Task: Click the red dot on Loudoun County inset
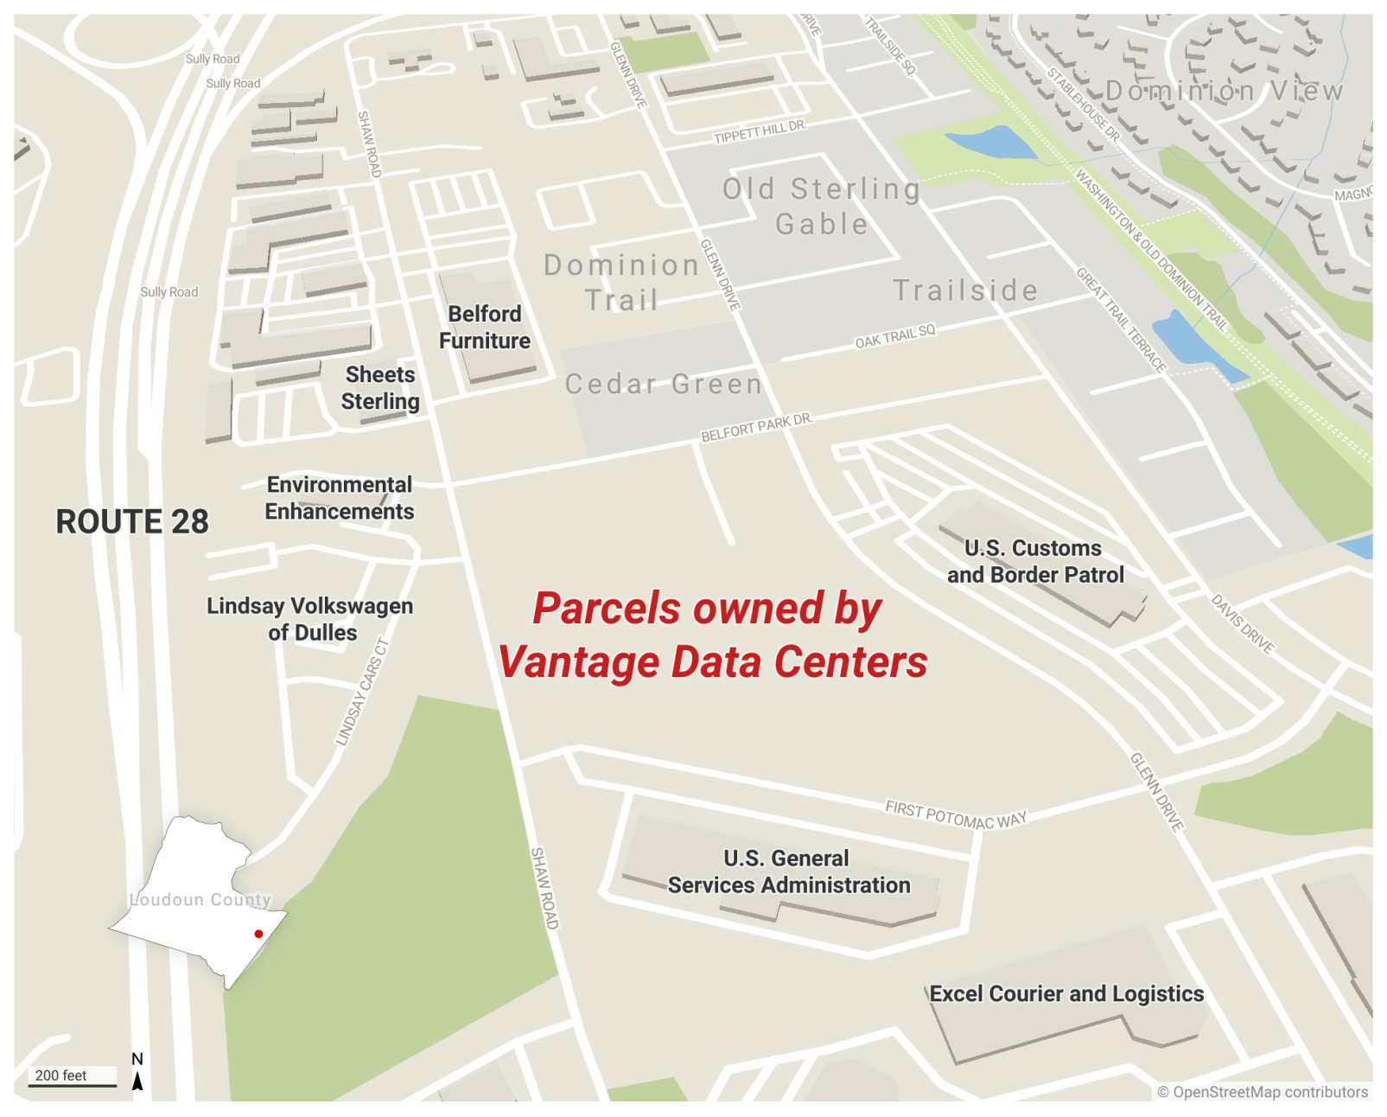pyautogui.click(x=258, y=934)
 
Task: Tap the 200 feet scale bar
pyautogui.click(x=73, y=1077)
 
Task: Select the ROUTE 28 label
pyautogui.click(x=132, y=522)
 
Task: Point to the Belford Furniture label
pyautogui.click(x=485, y=328)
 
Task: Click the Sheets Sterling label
pyautogui.click(x=380, y=388)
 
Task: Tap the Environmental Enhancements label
pyautogui.click(x=340, y=498)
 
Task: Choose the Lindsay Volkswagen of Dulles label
pyautogui.click(x=310, y=619)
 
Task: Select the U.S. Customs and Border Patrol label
pyautogui.click(x=1034, y=562)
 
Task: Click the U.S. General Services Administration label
pyautogui.click(x=788, y=871)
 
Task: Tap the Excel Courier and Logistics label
pyautogui.click(x=1066, y=994)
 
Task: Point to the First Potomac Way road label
pyautogui.click(x=955, y=814)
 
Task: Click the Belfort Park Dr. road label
pyautogui.click(x=756, y=427)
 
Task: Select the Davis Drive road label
pyautogui.click(x=1242, y=624)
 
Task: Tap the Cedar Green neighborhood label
pyautogui.click(x=664, y=384)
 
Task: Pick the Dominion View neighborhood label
pyautogui.click(x=1224, y=91)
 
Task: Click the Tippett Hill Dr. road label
pyautogui.click(x=759, y=131)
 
